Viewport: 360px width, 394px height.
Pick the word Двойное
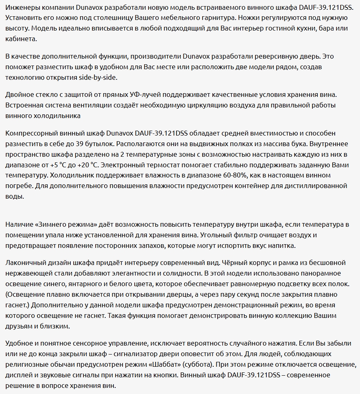(x=20, y=95)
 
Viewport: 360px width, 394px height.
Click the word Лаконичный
(x=28, y=263)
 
